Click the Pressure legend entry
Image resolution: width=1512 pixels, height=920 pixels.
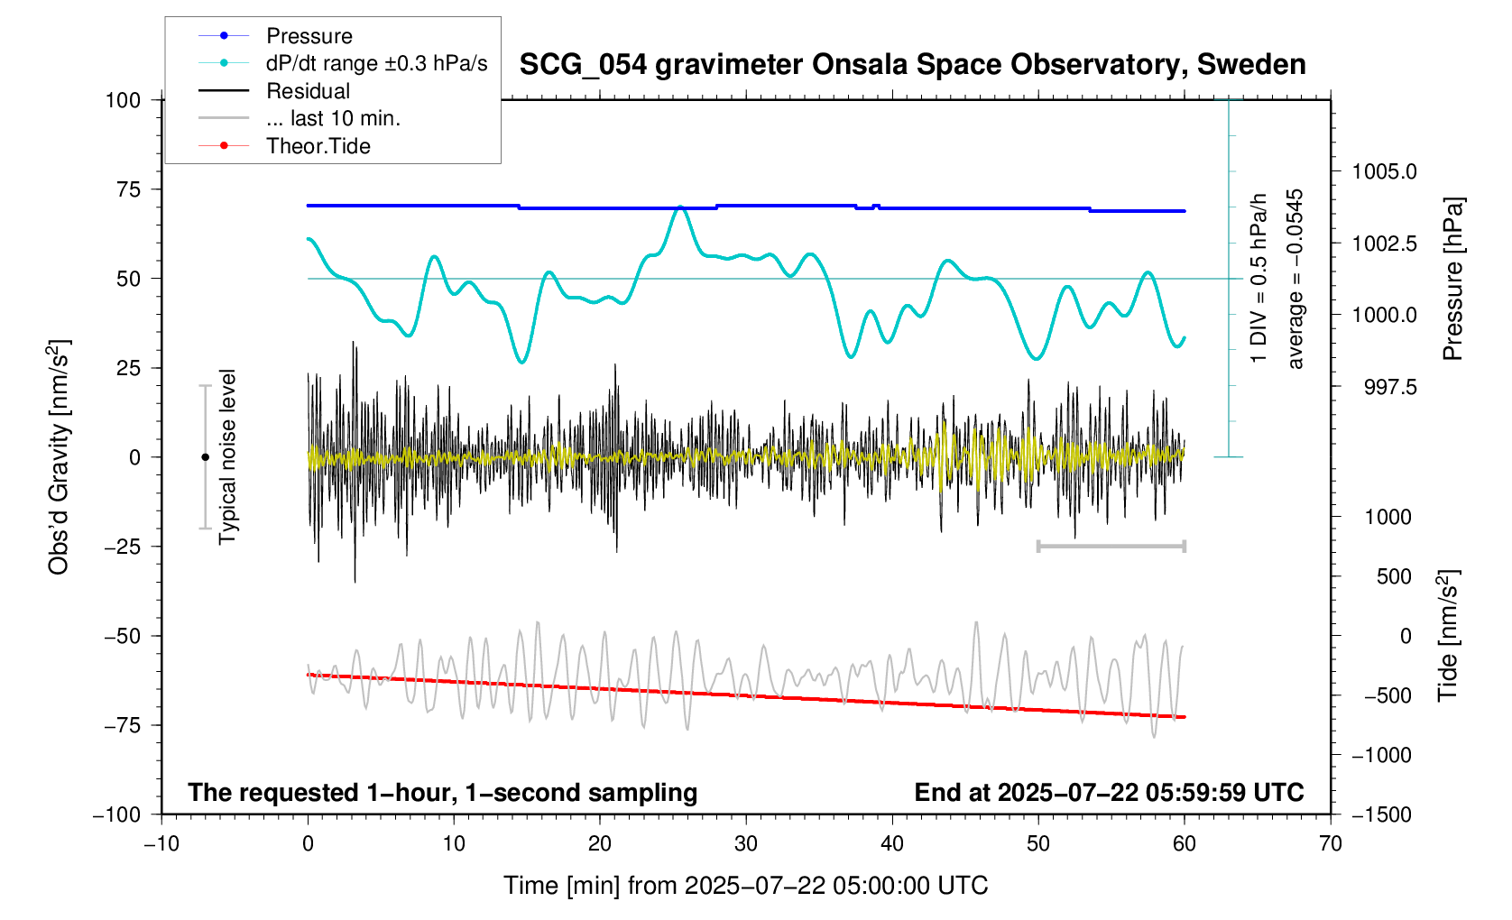click(309, 36)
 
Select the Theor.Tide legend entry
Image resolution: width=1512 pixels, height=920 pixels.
click(318, 146)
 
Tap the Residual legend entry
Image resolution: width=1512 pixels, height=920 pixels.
click(308, 91)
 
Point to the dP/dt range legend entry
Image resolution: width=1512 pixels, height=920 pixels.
click(376, 63)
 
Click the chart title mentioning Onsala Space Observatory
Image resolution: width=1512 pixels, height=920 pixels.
click(912, 65)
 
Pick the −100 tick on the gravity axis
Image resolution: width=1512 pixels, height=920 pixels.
click(117, 814)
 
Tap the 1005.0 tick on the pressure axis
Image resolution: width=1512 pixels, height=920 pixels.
click(1384, 171)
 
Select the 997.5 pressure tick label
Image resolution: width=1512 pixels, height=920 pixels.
click(1384, 387)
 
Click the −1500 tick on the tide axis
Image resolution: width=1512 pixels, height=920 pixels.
click(1380, 814)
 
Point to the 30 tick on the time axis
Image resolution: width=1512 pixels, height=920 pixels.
click(746, 844)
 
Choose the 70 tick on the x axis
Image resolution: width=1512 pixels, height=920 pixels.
click(1330, 844)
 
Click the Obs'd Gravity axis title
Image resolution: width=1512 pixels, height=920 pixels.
click(59, 457)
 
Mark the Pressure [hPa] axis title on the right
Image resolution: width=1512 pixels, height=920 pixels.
click(1452, 279)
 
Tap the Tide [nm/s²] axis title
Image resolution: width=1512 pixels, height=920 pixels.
click(1448, 635)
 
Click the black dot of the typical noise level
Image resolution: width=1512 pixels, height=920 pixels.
click(205, 457)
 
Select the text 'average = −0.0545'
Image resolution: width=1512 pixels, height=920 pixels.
click(1296, 279)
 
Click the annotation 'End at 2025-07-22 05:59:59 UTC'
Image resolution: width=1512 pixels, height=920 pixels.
click(1109, 793)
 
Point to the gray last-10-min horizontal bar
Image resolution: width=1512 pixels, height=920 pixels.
click(1111, 546)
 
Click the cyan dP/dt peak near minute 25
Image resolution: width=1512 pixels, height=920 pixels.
click(679, 207)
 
